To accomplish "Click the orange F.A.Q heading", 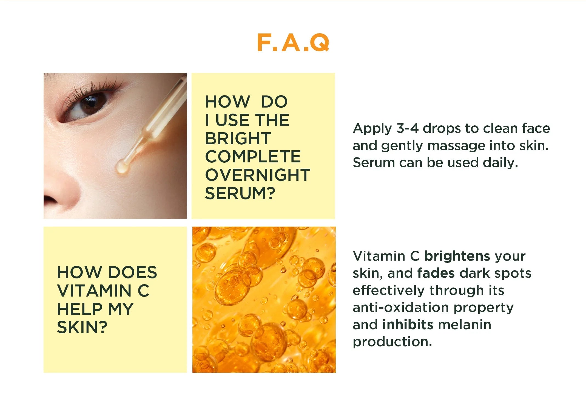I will [293, 43].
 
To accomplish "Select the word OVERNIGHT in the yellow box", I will [258, 175].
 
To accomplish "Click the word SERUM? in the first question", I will [240, 193].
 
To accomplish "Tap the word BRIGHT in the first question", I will [238, 138].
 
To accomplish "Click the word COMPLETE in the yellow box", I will [253, 157].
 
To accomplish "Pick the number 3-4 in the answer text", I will [408, 128].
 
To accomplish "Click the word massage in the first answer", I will [456, 146].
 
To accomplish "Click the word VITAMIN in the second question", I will [94, 291].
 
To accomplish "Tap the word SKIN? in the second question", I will [82, 327].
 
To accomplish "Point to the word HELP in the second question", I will [80, 309].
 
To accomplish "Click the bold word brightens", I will [457, 256].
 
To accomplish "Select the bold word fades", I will [436, 273].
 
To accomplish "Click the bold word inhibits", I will [408, 325].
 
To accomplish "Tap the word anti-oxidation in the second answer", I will [400, 308].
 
